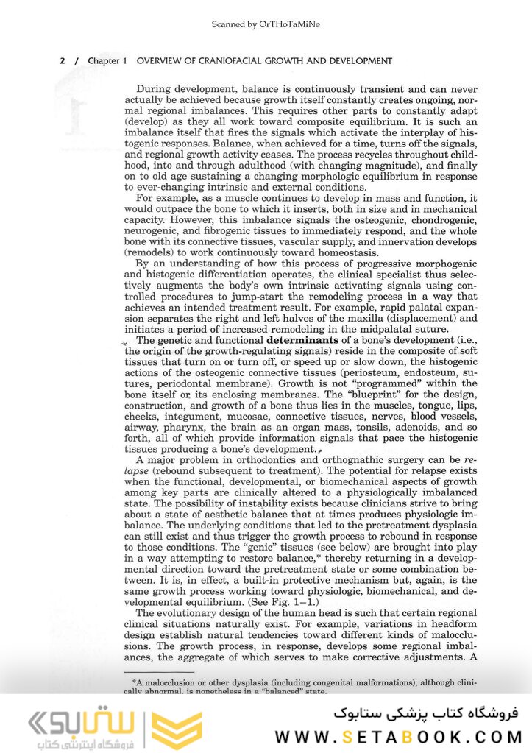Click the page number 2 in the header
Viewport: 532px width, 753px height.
point(62,61)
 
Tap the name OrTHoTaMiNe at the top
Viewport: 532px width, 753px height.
point(289,24)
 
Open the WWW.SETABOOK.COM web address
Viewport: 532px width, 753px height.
point(399,736)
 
